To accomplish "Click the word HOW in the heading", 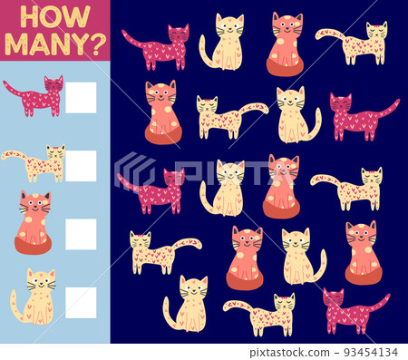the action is pos(55,17).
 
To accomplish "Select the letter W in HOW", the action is pos(78,17).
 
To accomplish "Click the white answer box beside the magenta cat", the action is pos(81,98).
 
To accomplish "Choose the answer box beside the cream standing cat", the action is pos(81,166).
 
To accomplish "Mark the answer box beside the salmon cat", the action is pos(81,234).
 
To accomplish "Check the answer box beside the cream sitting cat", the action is pos(81,303).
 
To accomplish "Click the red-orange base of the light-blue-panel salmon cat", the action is pos(33,246).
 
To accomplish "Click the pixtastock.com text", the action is pos(289,353).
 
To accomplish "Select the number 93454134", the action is pos(371,352).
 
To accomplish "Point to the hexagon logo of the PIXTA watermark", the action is pos(134,170).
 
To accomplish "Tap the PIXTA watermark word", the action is pos(234,172).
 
